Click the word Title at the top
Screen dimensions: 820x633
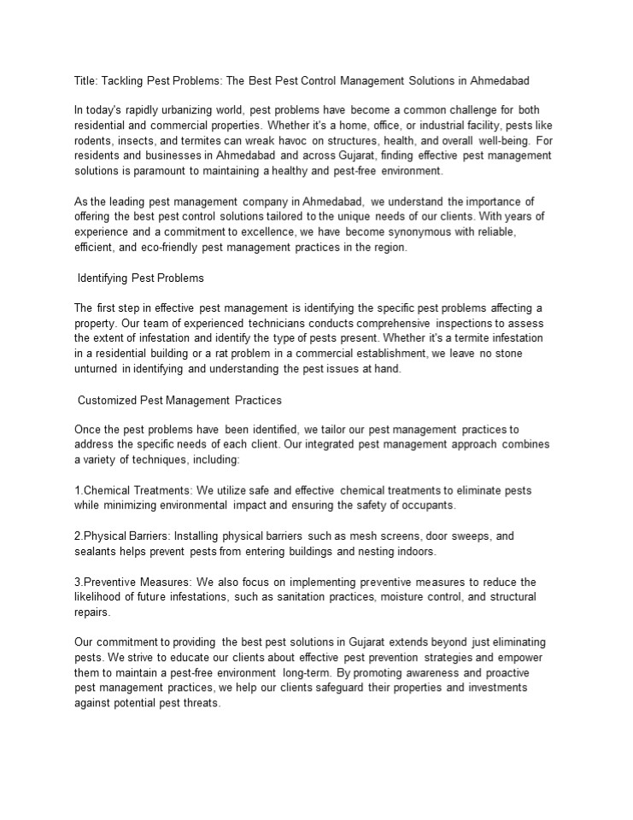85,81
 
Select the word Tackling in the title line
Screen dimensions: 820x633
124,81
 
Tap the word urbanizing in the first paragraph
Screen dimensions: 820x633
213,110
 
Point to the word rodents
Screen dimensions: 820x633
93,140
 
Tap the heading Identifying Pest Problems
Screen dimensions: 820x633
140,278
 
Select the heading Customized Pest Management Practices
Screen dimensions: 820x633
179,400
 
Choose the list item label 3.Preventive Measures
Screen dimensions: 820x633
132,582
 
